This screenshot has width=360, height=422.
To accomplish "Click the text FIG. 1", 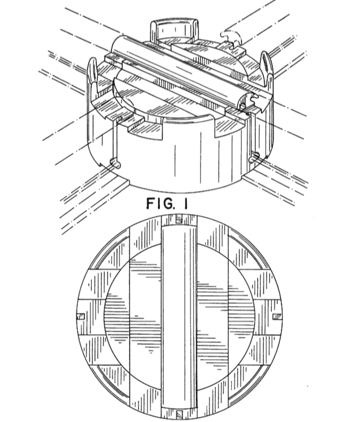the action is (x=167, y=203).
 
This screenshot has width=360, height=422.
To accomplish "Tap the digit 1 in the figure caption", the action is (x=185, y=203).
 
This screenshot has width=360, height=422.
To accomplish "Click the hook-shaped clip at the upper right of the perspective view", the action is (x=231, y=37).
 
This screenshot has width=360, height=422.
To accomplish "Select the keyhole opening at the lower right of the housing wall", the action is (x=254, y=157).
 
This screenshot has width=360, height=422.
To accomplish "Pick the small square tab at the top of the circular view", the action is (x=179, y=219).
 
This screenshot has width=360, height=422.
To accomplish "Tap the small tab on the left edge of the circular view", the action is (x=81, y=316).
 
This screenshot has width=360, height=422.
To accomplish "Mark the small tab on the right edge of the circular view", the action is (x=277, y=316).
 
